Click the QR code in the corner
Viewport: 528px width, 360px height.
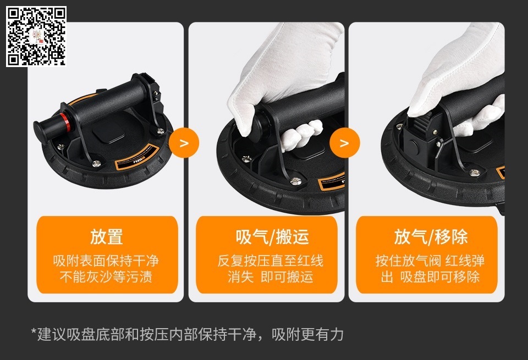(x=36, y=36)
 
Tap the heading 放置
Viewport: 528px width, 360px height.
(x=106, y=236)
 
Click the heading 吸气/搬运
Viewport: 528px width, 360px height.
(x=272, y=236)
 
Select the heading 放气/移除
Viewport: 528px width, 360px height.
(x=431, y=236)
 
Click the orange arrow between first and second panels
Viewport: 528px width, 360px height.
(x=184, y=143)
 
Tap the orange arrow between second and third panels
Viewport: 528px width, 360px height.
(x=344, y=143)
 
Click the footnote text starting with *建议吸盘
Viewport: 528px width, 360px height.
(x=187, y=334)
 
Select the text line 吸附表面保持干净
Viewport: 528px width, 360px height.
(x=106, y=261)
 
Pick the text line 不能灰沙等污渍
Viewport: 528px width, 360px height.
(x=106, y=276)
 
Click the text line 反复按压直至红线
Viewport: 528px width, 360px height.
(x=271, y=261)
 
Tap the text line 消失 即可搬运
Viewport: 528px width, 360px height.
(x=271, y=276)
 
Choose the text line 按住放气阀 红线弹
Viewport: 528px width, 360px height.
(x=430, y=261)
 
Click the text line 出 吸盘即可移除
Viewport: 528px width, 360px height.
(x=430, y=276)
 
